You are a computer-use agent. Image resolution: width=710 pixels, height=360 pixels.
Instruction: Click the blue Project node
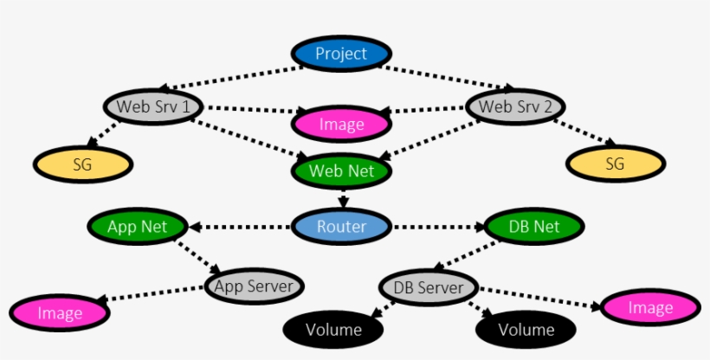point(341,54)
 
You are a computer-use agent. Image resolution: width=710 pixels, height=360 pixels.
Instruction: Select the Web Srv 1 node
point(153,107)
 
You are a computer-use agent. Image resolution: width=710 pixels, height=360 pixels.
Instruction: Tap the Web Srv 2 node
point(515,107)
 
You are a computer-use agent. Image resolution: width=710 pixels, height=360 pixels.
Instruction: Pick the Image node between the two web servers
point(341,125)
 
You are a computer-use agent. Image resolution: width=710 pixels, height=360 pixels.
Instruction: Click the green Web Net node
point(341,170)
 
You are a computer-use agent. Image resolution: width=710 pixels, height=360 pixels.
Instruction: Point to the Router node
point(341,227)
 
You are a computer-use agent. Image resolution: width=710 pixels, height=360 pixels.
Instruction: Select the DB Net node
point(533,227)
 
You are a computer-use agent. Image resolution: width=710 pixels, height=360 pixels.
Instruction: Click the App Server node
point(255,286)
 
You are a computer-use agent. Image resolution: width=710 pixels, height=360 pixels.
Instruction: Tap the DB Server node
point(429,287)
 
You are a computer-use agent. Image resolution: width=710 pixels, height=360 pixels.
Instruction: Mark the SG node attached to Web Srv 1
point(83,163)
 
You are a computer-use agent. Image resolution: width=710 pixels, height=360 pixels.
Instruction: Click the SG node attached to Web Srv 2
point(615,163)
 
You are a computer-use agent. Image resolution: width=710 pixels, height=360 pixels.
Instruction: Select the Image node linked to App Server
point(60,313)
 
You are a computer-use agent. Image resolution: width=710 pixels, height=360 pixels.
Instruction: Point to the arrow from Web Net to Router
point(343,196)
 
